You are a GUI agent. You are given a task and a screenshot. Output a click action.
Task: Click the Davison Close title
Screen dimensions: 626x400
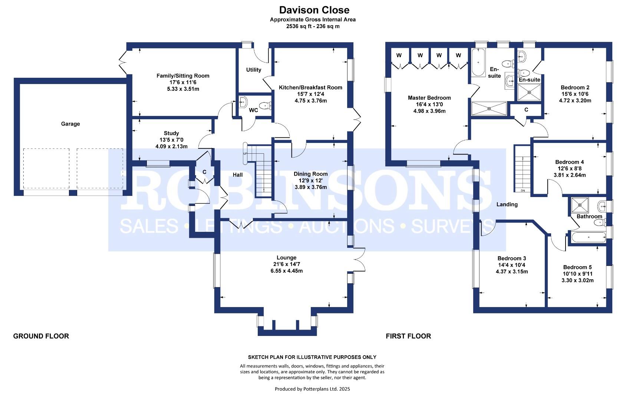pyautogui.click(x=314, y=10)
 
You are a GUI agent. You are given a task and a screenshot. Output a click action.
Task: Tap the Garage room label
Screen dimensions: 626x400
pyautogui.click(x=70, y=124)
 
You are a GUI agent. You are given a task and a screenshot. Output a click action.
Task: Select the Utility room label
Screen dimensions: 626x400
pyautogui.click(x=253, y=70)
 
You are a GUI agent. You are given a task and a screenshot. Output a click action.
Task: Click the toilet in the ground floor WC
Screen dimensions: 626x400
pyautogui.click(x=265, y=106)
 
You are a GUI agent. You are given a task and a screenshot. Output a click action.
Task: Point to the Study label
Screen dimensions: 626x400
pyautogui.click(x=171, y=133)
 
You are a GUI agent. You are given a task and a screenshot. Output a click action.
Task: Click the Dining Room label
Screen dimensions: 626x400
pyautogui.click(x=310, y=174)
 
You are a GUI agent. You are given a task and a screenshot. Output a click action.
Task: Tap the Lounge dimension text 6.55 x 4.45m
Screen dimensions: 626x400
pyautogui.click(x=286, y=271)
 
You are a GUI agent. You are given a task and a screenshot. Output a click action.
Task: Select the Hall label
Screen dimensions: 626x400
pyautogui.click(x=238, y=175)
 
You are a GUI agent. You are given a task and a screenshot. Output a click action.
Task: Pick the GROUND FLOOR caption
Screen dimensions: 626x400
pyautogui.click(x=41, y=336)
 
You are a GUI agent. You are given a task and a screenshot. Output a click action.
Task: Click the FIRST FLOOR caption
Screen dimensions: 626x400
pyautogui.click(x=408, y=336)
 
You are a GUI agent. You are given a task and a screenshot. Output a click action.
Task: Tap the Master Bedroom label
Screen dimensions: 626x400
pyautogui.click(x=429, y=98)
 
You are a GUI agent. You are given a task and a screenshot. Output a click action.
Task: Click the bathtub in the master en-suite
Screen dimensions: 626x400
pyautogui.click(x=478, y=62)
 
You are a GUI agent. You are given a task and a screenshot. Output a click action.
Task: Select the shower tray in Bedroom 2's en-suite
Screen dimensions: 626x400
pyautogui.click(x=529, y=92)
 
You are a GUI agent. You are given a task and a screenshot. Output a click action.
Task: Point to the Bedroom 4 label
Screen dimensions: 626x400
pyautogui.click(x=569, y=162)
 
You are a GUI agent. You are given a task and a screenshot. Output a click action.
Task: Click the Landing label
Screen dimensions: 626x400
pyautogui.click(x=507, y=204)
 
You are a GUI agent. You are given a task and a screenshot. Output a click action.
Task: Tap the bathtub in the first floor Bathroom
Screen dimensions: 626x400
pyautogui.click(x=588, y=237)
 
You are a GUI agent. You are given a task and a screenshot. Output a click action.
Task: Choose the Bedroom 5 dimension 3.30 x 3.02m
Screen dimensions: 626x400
pyautogui.click(x=577, y=280)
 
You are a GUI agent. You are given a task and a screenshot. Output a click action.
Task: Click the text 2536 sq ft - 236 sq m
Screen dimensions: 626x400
pyautogui.click(x=313, y=26)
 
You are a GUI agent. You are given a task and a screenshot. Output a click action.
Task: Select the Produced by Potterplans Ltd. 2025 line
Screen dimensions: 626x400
pyautogui.click(x=312, y=389)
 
